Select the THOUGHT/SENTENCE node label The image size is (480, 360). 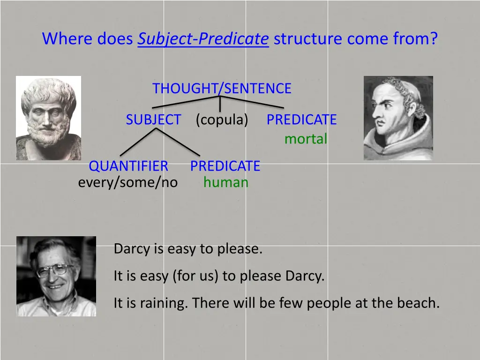pos(222,88)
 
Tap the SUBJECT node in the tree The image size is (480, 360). pos(153,120)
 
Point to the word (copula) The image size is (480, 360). pos(222,120)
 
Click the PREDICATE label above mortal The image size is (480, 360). pos(301,120)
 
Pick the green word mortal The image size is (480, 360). pos(306,139)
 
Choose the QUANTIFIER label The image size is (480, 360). pos(128,166)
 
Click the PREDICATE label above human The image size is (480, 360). pos(225,166)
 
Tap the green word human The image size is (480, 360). pos(225,182)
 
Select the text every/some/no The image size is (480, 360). pos(128,182)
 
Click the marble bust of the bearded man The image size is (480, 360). pos(48,118)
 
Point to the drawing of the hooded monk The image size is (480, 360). pos(398,118)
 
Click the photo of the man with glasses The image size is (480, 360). pos(56,276)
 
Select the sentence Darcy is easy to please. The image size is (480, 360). pos(188,249)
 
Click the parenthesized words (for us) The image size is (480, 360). pos(195,276)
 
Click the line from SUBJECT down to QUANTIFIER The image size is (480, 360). pos(137,142)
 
